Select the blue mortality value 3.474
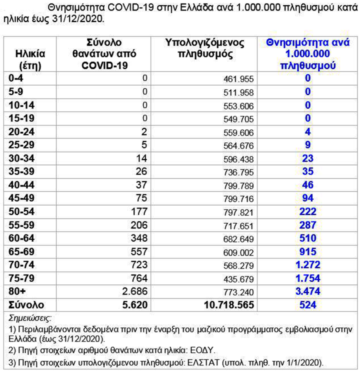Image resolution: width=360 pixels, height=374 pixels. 308,291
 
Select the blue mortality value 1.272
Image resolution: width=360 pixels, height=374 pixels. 308,264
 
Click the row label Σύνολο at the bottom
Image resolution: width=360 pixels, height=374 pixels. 26,304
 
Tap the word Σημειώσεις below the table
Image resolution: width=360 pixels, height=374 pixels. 34,318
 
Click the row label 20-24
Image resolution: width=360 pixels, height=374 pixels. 22,130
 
